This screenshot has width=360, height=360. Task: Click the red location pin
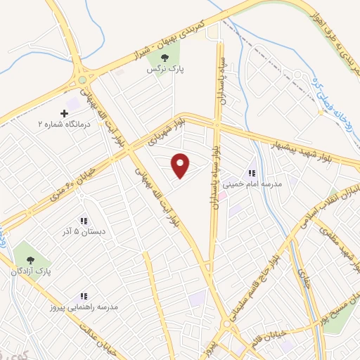click(x=181, y=166)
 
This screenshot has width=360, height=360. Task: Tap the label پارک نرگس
click(x=160, y=70)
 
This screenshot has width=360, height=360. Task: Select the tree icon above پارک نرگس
click(x=165, y=58)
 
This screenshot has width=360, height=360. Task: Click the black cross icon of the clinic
click(x=65, y=112)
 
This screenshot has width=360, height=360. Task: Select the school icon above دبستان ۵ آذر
click(x=83, y=221)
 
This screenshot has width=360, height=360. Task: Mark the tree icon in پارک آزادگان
click(x=29, y=258)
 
